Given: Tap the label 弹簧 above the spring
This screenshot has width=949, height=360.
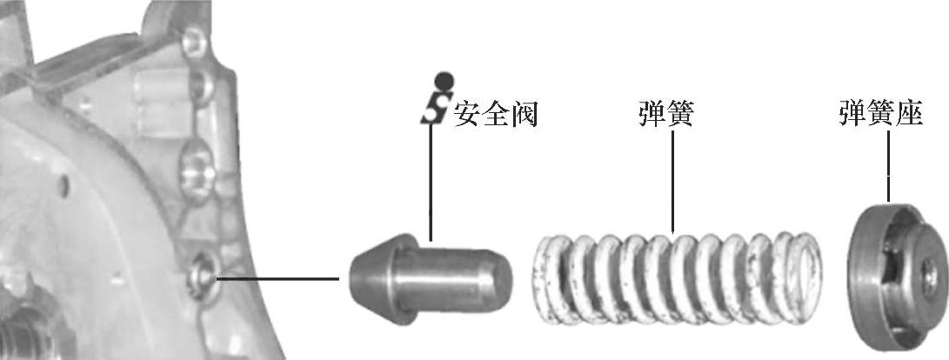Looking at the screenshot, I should pos(665,114).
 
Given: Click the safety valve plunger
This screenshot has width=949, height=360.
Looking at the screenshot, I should pos(431,278).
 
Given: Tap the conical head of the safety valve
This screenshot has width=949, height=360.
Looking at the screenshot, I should pos(371,278).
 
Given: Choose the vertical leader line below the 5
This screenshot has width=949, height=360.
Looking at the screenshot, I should pos(430,183).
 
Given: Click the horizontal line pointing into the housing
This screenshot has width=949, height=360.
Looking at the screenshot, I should pos(278,279).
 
